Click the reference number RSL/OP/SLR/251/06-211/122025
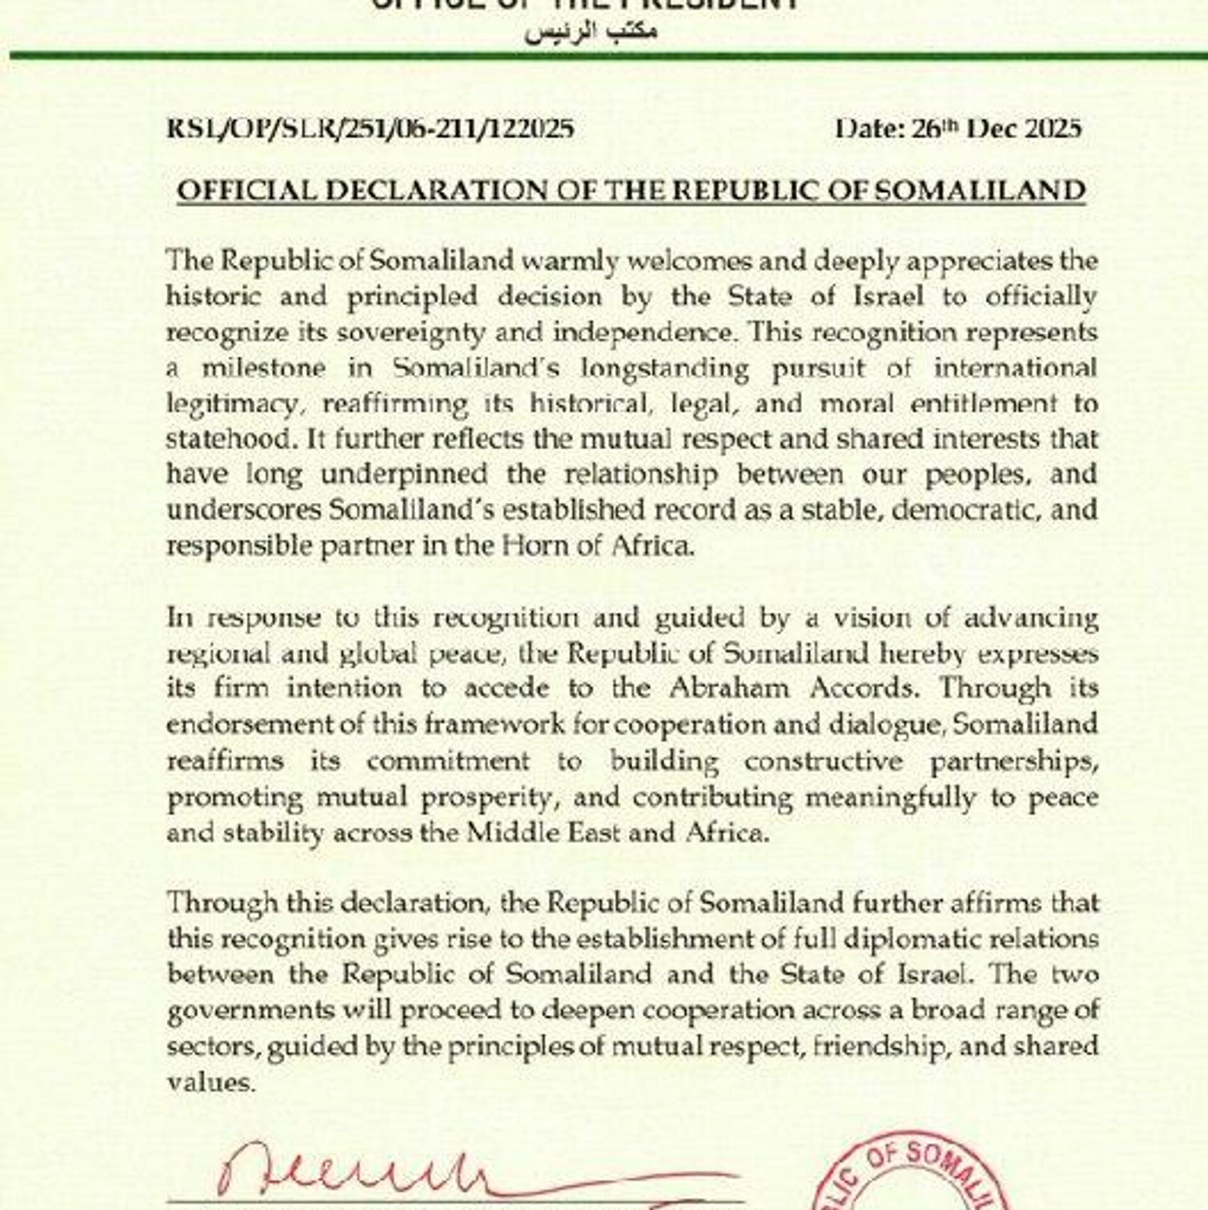pos(370,130)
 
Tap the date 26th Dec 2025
pos(958,129)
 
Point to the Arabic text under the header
pos(591,32)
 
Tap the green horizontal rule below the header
pos(604,57)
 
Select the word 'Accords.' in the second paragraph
pos(862,688)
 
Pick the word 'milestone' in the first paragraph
pos(264,368)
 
